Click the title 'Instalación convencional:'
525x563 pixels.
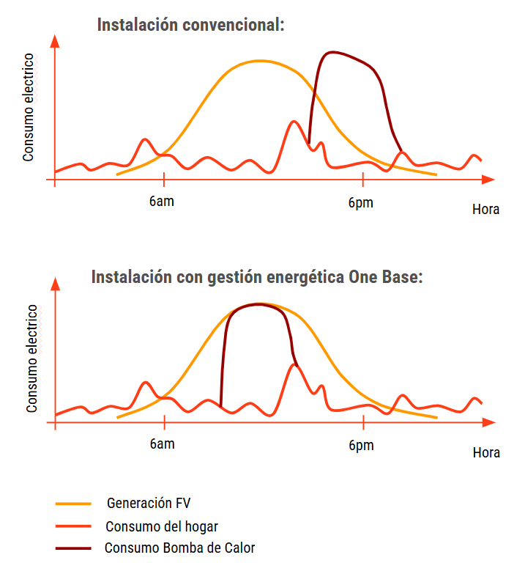point(190,25)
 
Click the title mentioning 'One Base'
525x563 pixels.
point(257,277)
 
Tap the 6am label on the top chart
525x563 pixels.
point(161,202)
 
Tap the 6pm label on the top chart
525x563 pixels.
point(360,202)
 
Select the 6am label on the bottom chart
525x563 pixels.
point(162,445)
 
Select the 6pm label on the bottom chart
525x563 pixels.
point(361,446)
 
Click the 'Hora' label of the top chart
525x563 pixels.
point(485,210)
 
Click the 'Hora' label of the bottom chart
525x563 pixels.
point(486,453)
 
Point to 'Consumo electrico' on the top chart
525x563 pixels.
point(29,107)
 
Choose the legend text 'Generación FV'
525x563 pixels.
point(149,504)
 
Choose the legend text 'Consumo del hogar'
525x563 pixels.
point(161,526)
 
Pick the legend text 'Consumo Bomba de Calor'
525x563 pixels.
point(179,548)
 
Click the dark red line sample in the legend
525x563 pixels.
point(73,548)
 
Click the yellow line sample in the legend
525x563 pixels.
point(73,504)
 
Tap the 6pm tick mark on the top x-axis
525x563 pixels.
point(363,179)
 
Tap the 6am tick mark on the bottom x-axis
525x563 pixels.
point(164,423)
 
